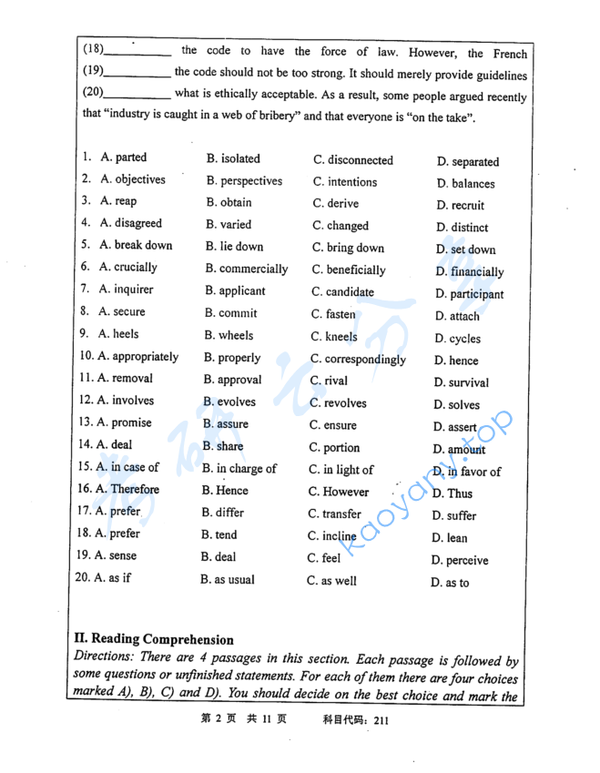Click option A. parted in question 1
pos(123,158)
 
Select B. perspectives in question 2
pos(244,181)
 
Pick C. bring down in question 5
pos(348,248)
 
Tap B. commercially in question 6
pos(246,270)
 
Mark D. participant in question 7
pos(469,294)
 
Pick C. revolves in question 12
pos(338,403)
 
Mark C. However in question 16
pos(339,492)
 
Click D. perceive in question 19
pos(460,561)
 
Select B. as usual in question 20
pos(228,580)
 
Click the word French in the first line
pos(510,54)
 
